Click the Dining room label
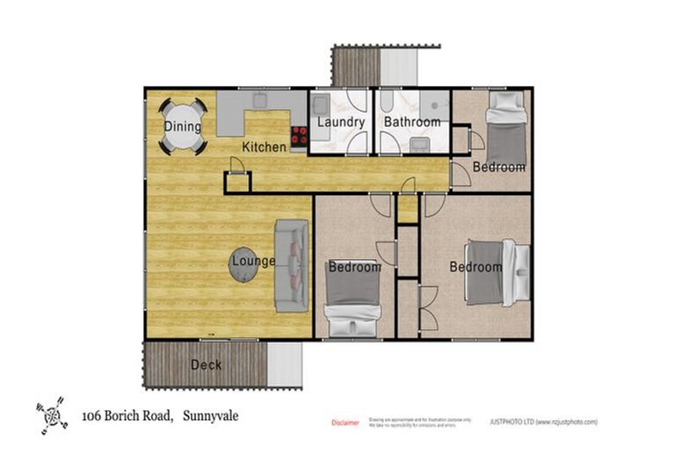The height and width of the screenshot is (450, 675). pyautogui.click(x=183, y=127)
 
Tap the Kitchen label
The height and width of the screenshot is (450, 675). pyautogui.click(x=264, y=147)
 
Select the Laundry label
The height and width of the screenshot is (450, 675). pyautogui.click(x=341, y=122)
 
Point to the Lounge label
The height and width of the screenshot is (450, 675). pyautogui.click(x=253, y=261)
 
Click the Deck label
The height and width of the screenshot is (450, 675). pyautogui.click(x=207, y=365)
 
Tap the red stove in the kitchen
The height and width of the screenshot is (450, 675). pyautogui.click(x=299, y=135)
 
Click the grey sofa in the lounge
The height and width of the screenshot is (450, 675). pyautogui.click(x=290, y=265)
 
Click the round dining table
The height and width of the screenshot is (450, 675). pyautogui.click(x=183, y=127)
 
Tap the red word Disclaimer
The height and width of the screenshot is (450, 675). pyautogui.click(x=345, y=423)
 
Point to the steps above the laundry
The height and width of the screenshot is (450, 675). pyautogui.click(x=355, y=65)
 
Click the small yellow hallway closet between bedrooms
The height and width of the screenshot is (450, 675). pyautogui.click(x=407, y=209)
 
